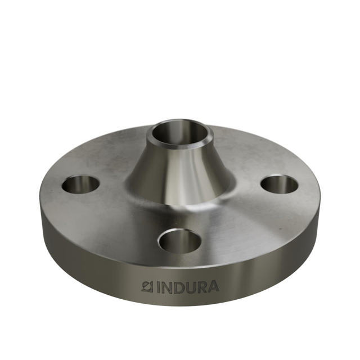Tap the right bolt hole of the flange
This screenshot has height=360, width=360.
[280, 184]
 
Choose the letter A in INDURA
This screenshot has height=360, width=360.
[214, 286]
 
